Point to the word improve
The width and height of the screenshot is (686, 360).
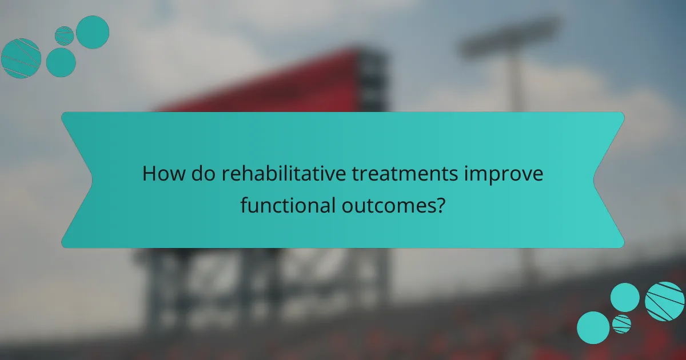[512, 174]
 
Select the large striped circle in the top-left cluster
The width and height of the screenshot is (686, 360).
[21, 58]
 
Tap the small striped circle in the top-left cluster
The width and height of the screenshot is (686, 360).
[64, 35]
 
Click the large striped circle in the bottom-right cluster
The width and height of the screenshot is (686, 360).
[664, 301]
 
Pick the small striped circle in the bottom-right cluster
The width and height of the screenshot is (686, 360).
[621, 324]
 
